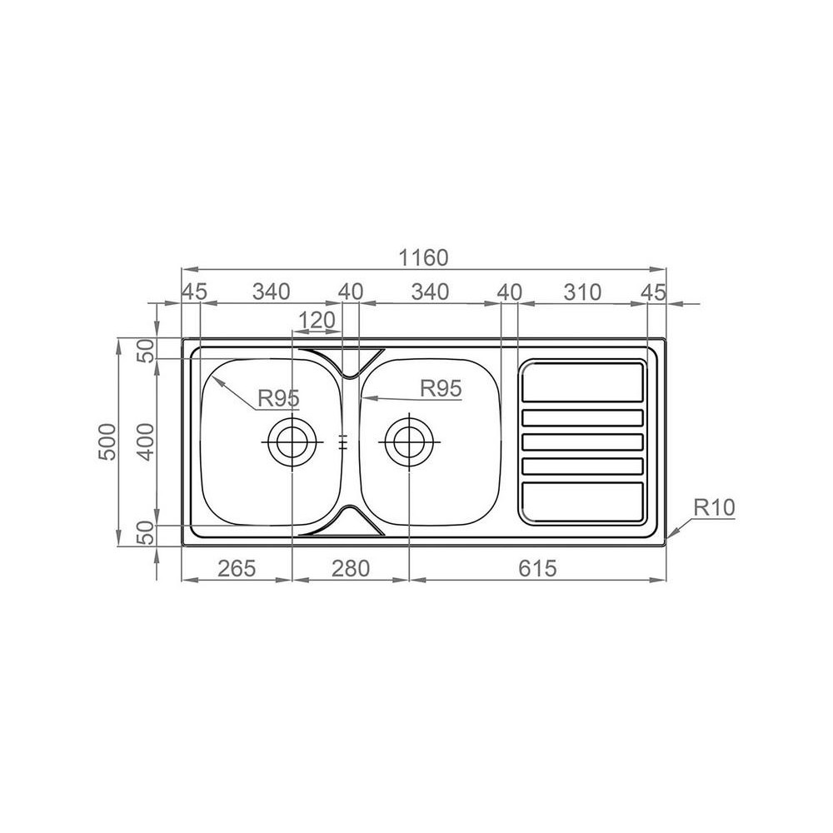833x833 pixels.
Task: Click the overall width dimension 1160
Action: [x=423, y=257]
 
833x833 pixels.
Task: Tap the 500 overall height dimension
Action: [x=107, y=441]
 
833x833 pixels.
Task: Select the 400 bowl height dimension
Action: [x=145, y=441]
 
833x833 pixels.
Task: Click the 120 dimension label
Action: [x=317, y=321]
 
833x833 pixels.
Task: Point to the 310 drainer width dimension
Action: [x=582, y=292]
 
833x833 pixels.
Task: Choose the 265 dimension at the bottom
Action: [x=237, y=568]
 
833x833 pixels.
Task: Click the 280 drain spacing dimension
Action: [x=351, y=568]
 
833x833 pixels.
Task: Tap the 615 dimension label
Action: [x=537, y=568]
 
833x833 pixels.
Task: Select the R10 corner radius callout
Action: [x=715, y=507]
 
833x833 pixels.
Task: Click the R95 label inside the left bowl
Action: [x=279, y=398]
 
